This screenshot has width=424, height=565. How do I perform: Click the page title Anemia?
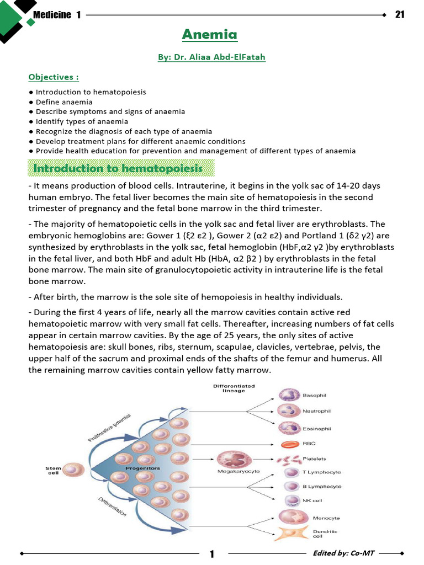point(210,35)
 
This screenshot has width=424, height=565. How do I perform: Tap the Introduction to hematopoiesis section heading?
point(118,168)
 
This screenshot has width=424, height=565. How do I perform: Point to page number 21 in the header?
point(400,14)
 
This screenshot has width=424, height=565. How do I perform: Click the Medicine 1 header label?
point(57,15)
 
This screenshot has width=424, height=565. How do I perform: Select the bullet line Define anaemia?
point(64,102)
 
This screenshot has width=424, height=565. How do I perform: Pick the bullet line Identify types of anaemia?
point(82,121)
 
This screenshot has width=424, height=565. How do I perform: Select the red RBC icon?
point(290,444)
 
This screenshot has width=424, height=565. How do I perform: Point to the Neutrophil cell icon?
point(289,411)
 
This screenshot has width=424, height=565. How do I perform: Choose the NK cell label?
point(312,501)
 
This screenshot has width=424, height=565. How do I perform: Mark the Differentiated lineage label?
point(234,388)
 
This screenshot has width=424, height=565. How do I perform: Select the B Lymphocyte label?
point(321,487)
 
